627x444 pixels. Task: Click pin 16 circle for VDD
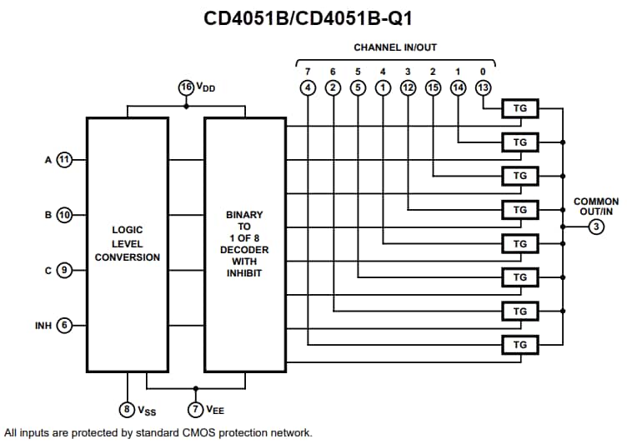point(186,87)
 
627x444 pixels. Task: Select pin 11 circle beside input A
point(64,158)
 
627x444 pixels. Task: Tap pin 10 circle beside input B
point(64,215)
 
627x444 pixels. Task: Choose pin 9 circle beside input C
point(64,270)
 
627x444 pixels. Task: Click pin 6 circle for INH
point(64,325)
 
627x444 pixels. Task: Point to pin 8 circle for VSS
point(127,409)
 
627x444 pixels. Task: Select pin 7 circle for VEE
point(196,409)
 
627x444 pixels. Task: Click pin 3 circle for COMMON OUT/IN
point(595,227)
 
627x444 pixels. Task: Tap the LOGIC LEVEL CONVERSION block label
point(127,243)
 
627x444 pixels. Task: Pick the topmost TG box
point(520,108)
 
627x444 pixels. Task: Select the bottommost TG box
point(520,344)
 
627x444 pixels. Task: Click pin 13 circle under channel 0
point(483,87)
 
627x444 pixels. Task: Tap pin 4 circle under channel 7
point(308,87)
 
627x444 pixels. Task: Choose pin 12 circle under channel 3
point(408,87)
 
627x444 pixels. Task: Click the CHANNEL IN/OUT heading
point(395,48)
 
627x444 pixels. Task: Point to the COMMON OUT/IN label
point(595,207)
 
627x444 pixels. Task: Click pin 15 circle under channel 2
point(433,87)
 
